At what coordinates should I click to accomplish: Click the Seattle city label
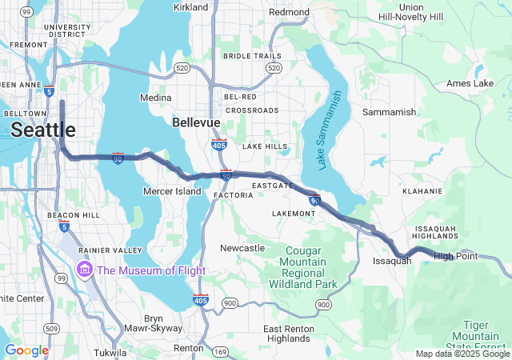pos(43,130)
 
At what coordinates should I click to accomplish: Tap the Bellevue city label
pos(196,122)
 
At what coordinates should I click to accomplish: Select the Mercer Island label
pos(172,192)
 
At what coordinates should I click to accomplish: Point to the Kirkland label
pos(190,7)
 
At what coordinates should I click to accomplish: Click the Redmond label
pos(289,12)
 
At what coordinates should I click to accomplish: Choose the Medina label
pos(155,98)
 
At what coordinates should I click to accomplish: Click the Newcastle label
pos(242,248)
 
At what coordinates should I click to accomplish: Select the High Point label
pos(455,256)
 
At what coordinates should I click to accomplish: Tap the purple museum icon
pos(84,270)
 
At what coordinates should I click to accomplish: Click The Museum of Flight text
pos(151,270)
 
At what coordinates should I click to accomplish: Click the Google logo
pos(26,350)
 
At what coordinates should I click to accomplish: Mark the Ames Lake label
pos(470,83)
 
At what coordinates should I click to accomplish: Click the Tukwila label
pos(109,352)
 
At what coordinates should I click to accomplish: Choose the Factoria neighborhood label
pos(234,194)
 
